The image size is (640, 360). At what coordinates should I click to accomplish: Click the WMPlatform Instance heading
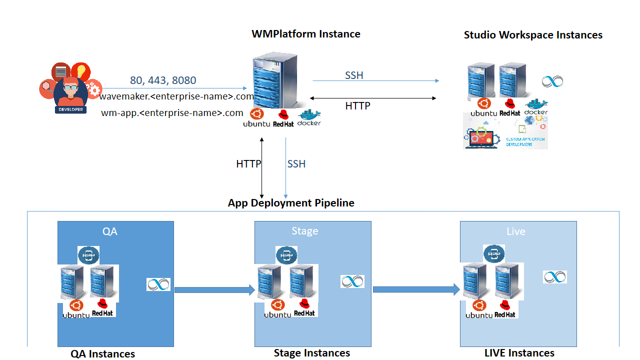pyautogui.click(x=306, y=34)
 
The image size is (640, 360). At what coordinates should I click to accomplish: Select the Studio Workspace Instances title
pyautogui.click(x=533, y=35)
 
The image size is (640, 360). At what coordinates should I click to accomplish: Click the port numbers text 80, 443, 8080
pyautogui.click(x=163, y=80)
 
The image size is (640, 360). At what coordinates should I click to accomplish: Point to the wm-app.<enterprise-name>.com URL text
pyautogui.click(x=172, y=113)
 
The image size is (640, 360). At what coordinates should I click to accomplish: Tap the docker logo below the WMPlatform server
pyautogui.click(x=309, y=118)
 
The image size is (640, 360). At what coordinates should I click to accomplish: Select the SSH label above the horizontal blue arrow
pyautogui.click(x=354, y=75)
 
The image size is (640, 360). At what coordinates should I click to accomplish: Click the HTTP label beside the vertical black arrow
pyautogui.click(x=248, y=164)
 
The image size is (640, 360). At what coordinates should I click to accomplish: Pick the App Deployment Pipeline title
pyautogui.click(x=291, y=203)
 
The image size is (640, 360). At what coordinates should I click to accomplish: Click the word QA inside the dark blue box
pyautogui.click(x=110, y=231)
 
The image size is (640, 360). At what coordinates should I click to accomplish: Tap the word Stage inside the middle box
pyautogui.click(x=305, y=231)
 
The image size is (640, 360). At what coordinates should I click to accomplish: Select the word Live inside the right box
pyautogui.click(x=515, y=231)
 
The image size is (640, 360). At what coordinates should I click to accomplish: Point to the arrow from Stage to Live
pyautogui.click(x=416, y=289)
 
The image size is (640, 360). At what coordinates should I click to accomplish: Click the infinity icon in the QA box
pyautogui.click(x=158, y=284)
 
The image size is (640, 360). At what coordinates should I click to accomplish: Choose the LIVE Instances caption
pyautogui.click(x=519, y=353)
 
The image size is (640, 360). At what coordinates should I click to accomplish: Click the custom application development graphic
pyautogui.click(x=505, y=132)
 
